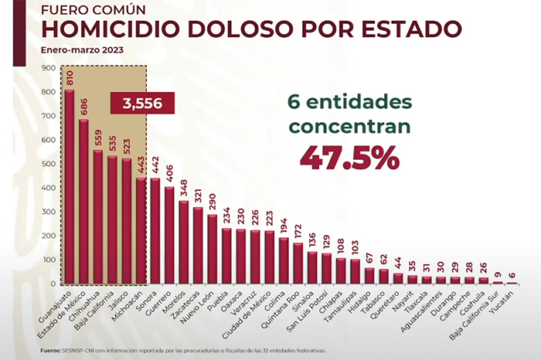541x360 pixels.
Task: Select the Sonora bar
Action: pyautogui.click(x=155, y=231)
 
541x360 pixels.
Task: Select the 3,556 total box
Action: pyautogui.click(x=143, y=103)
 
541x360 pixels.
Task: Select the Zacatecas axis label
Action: pyautogui.click(x=189, y=305)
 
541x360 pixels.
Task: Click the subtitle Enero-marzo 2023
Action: pyautogui.click(x=82, y=50)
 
